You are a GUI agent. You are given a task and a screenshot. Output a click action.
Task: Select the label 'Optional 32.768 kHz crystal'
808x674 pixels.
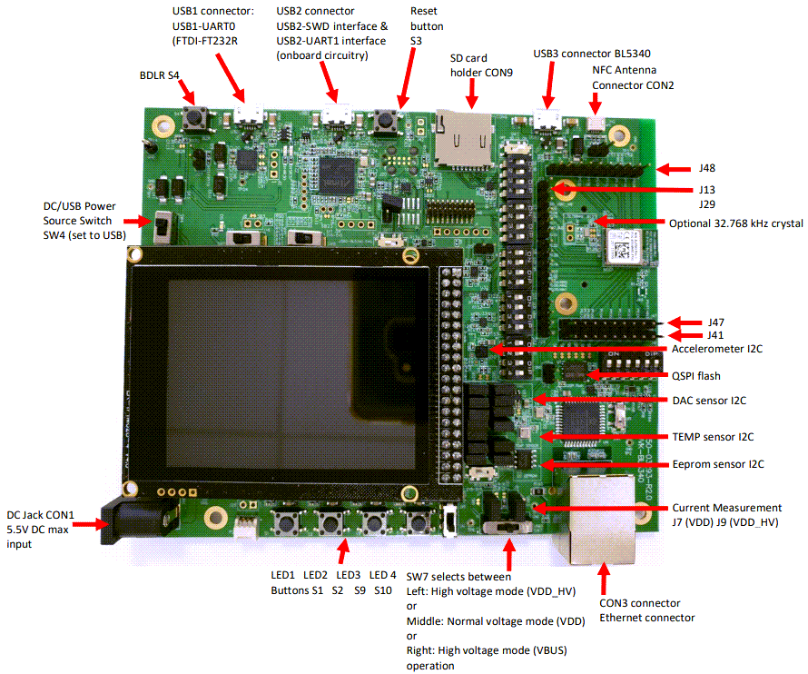pyautogui.click(x=735, y=223)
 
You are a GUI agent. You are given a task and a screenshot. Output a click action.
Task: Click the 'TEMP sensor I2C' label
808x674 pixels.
pyautogui.click(x=714, y=436)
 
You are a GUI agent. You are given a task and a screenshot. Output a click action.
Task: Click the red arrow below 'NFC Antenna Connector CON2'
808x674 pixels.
pyautogui.click(x=596, y=106)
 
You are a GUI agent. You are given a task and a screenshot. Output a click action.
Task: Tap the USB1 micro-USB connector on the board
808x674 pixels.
pyautogui.click(x=247, y=114)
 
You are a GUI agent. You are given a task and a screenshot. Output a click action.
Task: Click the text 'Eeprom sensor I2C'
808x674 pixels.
pyautogui.click(x=718, y=464)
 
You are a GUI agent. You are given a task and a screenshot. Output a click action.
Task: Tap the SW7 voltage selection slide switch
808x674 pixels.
pyautogui.click(x=508, y=527)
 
